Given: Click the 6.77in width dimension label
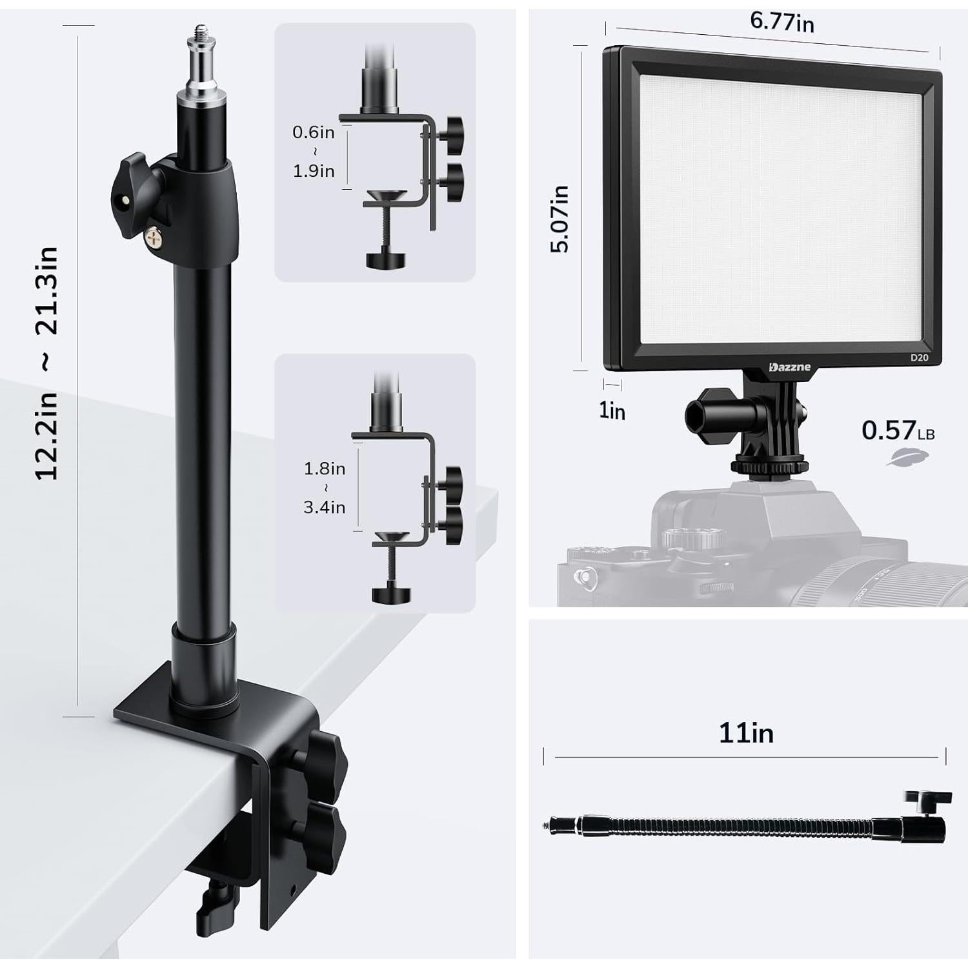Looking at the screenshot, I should click(x=781, y=21).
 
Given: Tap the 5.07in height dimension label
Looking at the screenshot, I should click(x=560, y=218).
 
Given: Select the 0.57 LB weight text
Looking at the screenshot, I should click(x=898, y=430).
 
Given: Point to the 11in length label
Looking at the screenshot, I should click(x=746, y=733).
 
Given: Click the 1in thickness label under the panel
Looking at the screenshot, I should click(x=612, y=410).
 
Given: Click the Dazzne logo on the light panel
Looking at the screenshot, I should click(x=789, y=367).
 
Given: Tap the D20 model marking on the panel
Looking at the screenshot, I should click(x=919, y=358).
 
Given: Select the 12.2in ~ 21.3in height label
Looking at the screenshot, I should click(x=46, y=363).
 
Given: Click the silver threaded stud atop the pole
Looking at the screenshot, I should click(x=203, y=58).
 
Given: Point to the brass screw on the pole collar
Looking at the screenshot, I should click(x=154, y=236).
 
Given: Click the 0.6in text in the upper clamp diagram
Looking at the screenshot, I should click(x=314, y=132).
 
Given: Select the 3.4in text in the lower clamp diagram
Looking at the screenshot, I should click(x=324, y=507).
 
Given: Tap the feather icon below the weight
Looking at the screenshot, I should click(x=907, y=457).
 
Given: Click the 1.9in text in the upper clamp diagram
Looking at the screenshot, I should click(x=314, y=171).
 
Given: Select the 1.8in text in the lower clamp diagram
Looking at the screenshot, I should click(x=324, y=469).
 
